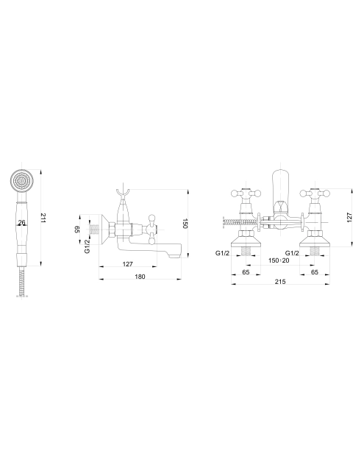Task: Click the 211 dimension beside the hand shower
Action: (x=43, y=218)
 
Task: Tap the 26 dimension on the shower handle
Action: (x=21, y=222)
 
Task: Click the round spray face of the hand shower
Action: (x=22, y=180)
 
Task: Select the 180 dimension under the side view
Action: (x=140, y=277)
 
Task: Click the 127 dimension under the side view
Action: (x=127, y=264)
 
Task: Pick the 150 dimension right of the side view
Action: (x=185, y=224)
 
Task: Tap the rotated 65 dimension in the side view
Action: (x=77, y=230)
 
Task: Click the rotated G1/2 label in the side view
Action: (x=88, y=246)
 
